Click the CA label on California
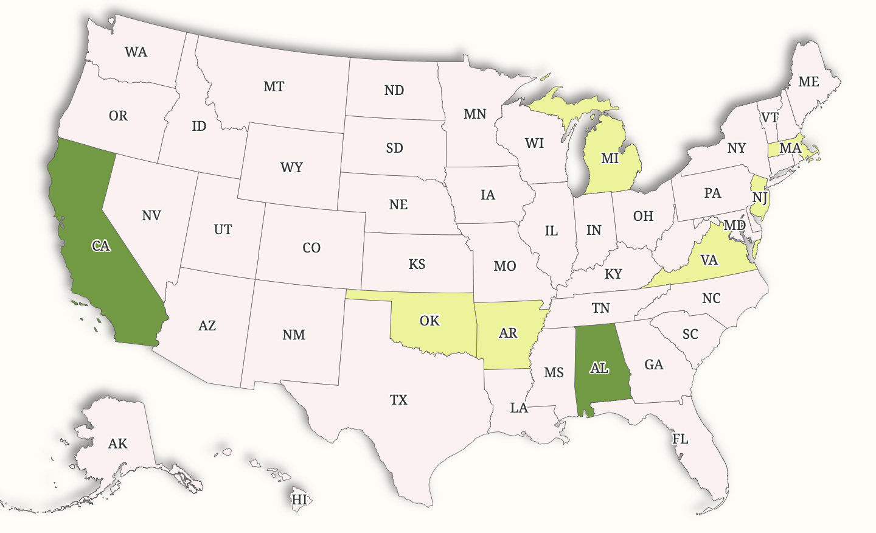[x=101, y=246]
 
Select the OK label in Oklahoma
[x=429, y=321]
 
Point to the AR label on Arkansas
[x=508, y=333]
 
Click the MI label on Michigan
[x=610, y=159]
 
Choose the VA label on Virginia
[x=709, y=260]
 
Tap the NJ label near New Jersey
[x=759, y=197]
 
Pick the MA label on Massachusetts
[x=790, y=148]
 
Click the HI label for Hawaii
[x=299, y=500]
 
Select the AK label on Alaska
[x=117, y=444]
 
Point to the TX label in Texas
[x=398, y=400]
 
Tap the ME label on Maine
[x=808, y=82]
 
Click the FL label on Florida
[x=680, y=439]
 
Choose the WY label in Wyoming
[x=291, y=167]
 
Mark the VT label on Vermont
[x=770, y=117]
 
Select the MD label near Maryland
[x=735, y=225]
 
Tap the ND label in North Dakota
[x=394, y=90]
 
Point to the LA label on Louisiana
[x=519, y=408]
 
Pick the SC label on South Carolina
[x=690, y=334]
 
